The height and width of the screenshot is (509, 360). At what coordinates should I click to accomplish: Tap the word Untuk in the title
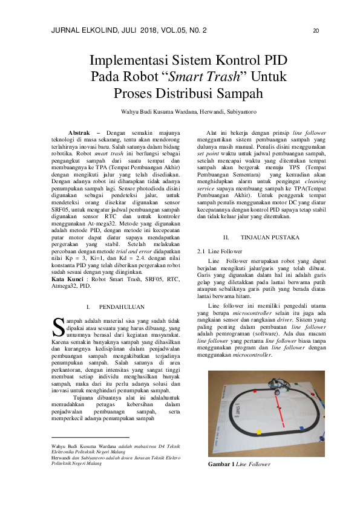pyautogui.click(x=267, y=77)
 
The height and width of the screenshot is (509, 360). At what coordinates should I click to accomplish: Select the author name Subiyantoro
pyautogui.click(x=241, y=111)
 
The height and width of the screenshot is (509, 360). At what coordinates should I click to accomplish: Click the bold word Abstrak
pyautogui.click(x=79, y=132)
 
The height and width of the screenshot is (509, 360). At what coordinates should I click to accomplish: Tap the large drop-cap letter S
pyautogui.click(x=59, y=326)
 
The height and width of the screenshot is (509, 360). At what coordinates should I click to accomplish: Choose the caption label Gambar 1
pyautogui.click(x=221, y=464)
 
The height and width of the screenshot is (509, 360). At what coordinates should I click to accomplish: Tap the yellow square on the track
pyautogui.click(x=258, y=432)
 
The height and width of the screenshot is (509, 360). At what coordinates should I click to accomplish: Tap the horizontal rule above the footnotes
pyautogui.click(x=91, y=437)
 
